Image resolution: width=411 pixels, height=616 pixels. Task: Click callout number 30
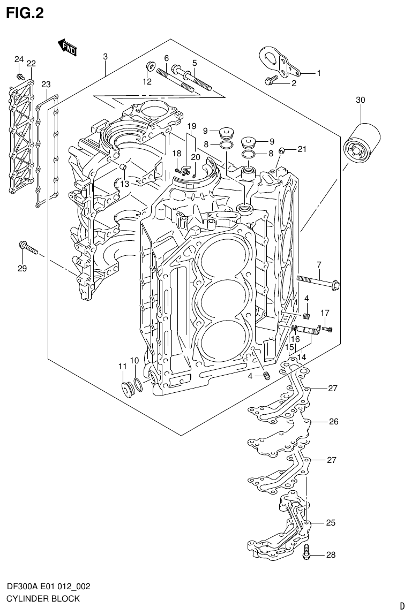pos(360,100)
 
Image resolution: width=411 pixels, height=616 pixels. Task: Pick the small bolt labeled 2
pos(272,80)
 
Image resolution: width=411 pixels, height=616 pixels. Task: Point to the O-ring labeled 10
pos(138,384)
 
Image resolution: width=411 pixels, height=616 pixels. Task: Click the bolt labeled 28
pos(307,552)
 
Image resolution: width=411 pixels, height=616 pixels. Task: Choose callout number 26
pos(333,422)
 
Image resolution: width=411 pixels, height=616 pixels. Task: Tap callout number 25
pos(331,523)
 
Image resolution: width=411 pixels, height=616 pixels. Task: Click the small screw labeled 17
pos(328,328)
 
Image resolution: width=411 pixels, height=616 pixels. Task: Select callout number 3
pos(106,57)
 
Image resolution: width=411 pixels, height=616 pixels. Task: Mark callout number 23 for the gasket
pos(46,85)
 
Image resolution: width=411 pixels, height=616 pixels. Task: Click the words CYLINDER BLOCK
pos(43,598)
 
